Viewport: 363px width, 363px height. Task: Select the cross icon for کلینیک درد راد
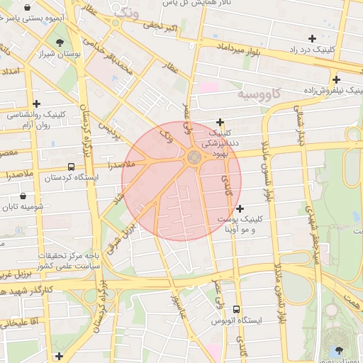click(x=312, y=38)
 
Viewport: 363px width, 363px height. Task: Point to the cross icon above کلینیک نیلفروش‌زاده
click(x=336, y=79)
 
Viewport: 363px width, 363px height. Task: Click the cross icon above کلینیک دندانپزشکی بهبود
click(x=220, y=122)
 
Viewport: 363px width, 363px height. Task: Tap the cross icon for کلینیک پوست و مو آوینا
click(x=240, y=208)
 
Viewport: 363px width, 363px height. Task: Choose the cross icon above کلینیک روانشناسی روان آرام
click(x=36, y=104)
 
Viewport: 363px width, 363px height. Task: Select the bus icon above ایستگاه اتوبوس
click(x=236, y=309)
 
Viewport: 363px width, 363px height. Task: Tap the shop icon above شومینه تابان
click(x=24, y=196)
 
